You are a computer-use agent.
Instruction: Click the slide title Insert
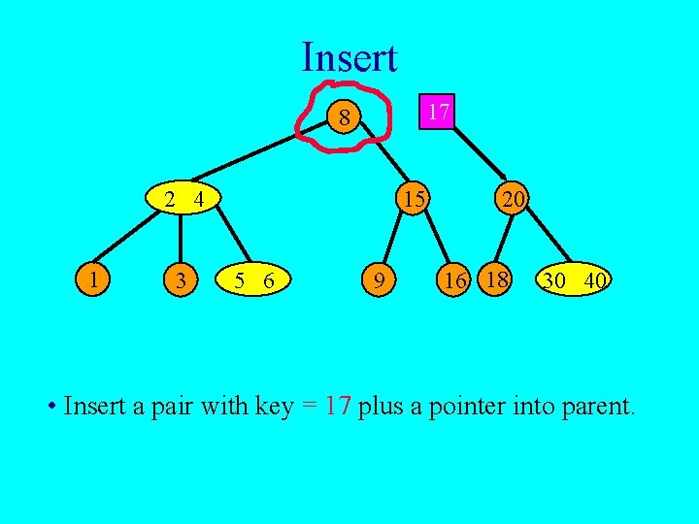pos(349,57)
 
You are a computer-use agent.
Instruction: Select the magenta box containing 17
pos(438,112)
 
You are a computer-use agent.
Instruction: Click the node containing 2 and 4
pos(183,201)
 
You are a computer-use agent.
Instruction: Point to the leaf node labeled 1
pos(93,280)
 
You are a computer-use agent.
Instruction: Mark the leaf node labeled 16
pos(452,281)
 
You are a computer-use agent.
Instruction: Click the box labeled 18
pos(496,279)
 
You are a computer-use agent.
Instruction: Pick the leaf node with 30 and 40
pos(575,280)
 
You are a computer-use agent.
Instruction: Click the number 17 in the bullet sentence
pos(337,405)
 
